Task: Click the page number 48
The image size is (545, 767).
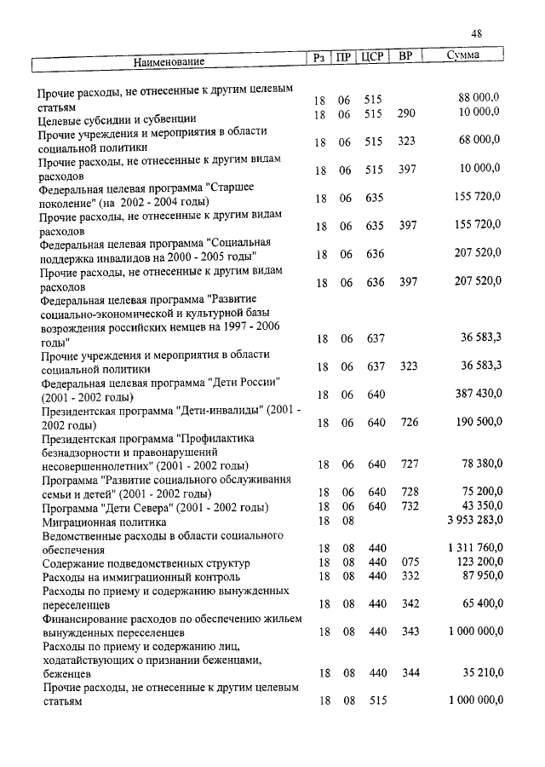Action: pos(477,33)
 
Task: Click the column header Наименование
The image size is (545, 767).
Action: pos(169,61)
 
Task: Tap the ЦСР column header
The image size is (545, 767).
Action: pos(372,57)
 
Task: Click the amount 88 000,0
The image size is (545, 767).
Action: pos(479,99)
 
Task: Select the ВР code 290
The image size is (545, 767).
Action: pos(406,113)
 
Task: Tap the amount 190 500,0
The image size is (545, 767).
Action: pos(477,422)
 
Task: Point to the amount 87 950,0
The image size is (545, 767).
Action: pos(479,576)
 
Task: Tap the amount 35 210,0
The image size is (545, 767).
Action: pos(479,672)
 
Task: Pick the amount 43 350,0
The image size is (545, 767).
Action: pos(479,506)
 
